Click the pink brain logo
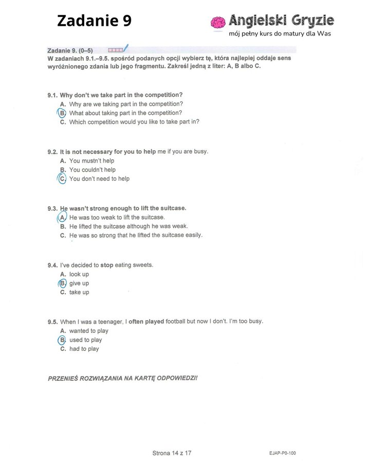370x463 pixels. tap(218, 22)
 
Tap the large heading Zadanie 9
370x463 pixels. tap(94, 21)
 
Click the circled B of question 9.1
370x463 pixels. tap(62, 113)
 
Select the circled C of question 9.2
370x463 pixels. tap(62, 179)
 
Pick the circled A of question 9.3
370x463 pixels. tap(62, 217)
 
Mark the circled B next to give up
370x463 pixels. tap(62, 283)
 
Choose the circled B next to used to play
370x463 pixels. tap(62, 340)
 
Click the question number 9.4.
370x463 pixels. tap(52, 265)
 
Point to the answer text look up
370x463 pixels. tap(79, 274)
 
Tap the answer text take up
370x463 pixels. tap(79, 292)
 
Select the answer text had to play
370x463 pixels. tap(84, 349)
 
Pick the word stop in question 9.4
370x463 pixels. tap(107, 265)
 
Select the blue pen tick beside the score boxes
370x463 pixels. tap(125, 48)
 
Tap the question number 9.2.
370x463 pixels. tap(52, 152)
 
